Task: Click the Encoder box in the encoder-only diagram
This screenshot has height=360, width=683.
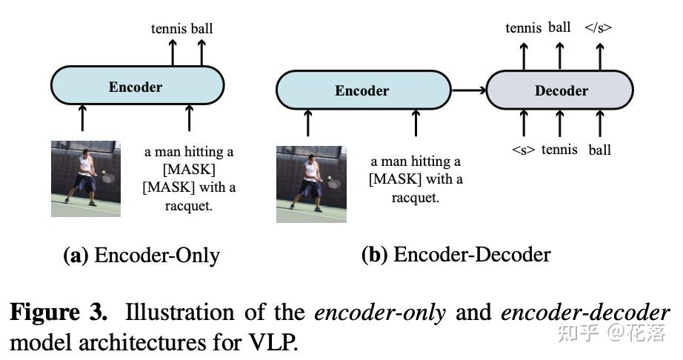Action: (x=137, y=87)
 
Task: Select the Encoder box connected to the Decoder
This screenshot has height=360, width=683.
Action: (x=362, y=91)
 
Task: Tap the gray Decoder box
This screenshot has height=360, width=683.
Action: (x=560, y=91)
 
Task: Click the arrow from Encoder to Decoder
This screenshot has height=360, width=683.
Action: (x=468, y=90)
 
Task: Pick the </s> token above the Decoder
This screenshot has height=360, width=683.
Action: (x=599, y=28)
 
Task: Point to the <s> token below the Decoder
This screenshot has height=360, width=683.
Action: (x=524, y=150)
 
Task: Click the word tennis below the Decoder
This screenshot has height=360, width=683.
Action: (x=559, y=150)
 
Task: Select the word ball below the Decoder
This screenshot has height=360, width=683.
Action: (x=599, y=150)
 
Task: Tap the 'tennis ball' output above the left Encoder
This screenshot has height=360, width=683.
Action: (x=181, y=29)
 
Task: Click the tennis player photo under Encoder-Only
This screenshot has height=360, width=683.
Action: (x=86, y=179)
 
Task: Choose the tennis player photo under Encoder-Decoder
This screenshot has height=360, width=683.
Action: (x=311, y=184)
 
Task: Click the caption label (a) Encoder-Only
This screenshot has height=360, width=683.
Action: (x=141, y=256)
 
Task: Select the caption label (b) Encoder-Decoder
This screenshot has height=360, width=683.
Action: (x=456, y=255)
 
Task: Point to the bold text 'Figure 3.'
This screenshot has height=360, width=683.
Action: (x=59, y=312)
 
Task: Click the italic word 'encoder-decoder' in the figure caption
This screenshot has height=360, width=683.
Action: (x=585, y=312)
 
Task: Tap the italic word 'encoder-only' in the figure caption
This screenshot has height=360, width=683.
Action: (x=380, y=312)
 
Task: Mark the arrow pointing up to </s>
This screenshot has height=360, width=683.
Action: (x=599, y=55)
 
